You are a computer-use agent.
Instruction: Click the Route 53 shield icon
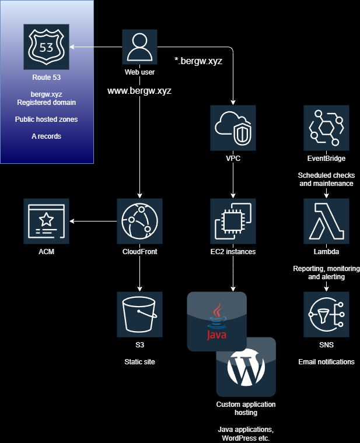pyautogui.click(x=46, y=47)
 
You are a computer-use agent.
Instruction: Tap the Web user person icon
pyautogui.click(x=139, y=47)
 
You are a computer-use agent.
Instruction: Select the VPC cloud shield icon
pyautogui.click(x=233, y=128)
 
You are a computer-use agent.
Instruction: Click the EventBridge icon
pyautogui.click(x=326, y=128)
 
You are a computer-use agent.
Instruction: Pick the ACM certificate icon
pyautogui.click(x=46, y=221)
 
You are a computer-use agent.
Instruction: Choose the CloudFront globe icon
pyautogui.click(x=139, y=221)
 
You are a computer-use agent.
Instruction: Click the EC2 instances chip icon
pyautogui.click(x=233, y=221)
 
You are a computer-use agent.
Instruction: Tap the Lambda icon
pyautogui.click(x=326, y=221)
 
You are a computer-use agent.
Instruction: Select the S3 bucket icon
pyautogui.click(x=139, y=315)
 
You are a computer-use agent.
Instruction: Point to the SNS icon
pyautogui.click(x=326, y=315)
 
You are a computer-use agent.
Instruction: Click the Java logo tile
pyautogui.click(x=216, y=321)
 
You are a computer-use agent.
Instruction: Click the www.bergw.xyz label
pyautogui.click(x=139, y=91)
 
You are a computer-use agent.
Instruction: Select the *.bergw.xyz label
pyautogui.click(x=198, y=60)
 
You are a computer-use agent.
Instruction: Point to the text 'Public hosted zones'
pyautogui.click(x=46, y=119)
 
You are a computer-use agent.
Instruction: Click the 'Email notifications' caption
pyautogui.click(x=326, y=362)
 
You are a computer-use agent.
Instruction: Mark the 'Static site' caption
pyautogui.click(x=139, y=362)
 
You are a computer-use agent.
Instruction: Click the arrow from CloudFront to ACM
pyautogui.click(x=93, y=221)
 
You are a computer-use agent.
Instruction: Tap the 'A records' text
pyautogui.click(x=46, y=136)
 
